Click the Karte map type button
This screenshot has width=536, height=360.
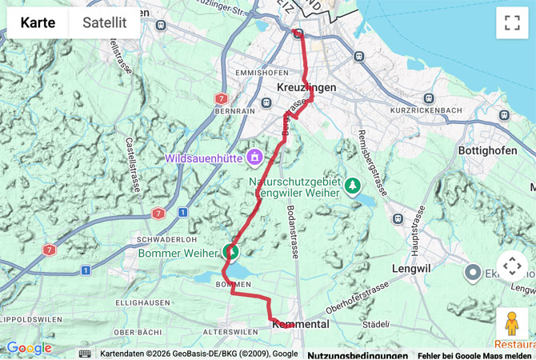[38, 22]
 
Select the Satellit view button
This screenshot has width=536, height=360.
[104, 22]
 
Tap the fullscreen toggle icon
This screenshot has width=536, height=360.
[512, 23]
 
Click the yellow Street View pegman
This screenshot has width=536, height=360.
[512, 324]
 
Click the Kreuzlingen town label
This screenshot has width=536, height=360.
[306, 86]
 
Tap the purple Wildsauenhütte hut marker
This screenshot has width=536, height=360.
[255, 157]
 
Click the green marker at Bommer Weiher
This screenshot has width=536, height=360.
[233, 251]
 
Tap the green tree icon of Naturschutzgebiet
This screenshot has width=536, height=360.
[353, 186]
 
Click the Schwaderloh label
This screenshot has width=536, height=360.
[145, 239]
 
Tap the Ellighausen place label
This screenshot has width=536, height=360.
[141, 303]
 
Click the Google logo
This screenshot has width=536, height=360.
[29, 348]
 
